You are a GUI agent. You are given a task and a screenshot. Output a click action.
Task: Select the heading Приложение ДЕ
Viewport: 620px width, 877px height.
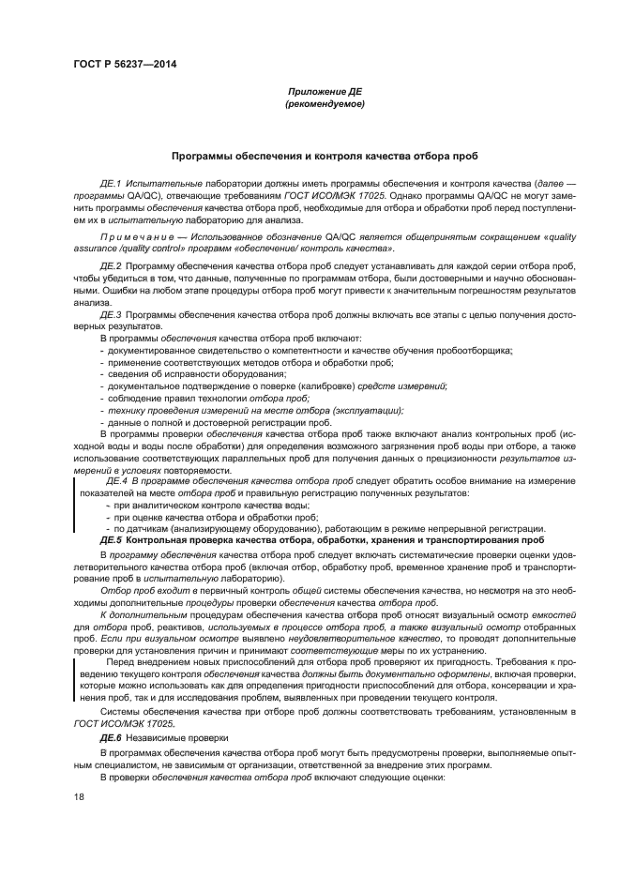pyautogui.click(x=324, y=91)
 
